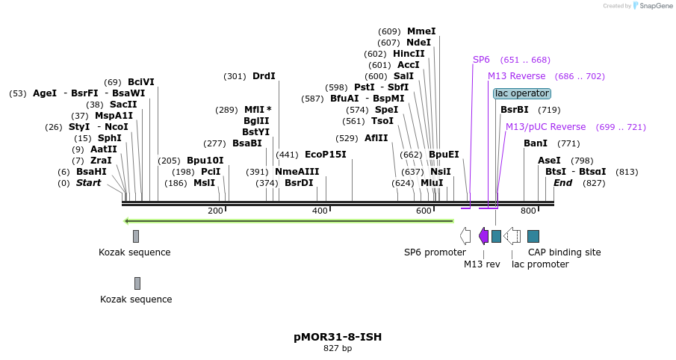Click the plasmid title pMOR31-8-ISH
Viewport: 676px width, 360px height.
(338, 337)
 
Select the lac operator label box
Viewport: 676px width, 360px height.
(522, 93)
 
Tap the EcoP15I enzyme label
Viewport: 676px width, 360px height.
(326, 155)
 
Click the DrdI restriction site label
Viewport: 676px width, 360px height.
(264, 76)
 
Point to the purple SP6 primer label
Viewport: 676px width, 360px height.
(481, 60)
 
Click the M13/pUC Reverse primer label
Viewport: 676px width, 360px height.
(545, 127)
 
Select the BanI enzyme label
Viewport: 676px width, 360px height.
(536, 143)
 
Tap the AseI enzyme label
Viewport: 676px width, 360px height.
(549, 161)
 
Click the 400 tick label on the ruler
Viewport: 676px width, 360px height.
(320, 211)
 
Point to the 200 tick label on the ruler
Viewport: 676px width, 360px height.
(215, 211)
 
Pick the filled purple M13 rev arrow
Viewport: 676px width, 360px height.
(483, 236)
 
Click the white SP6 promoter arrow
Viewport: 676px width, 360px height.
(465, 236)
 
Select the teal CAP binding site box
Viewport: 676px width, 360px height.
(533, 236)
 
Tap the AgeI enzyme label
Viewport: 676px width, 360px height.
(45, 93)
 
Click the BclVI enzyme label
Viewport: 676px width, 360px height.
(140, 82)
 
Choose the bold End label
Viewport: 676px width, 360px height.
(562, 183)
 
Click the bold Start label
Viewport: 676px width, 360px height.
(88, 183)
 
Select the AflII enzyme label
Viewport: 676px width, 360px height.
(376, 138)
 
